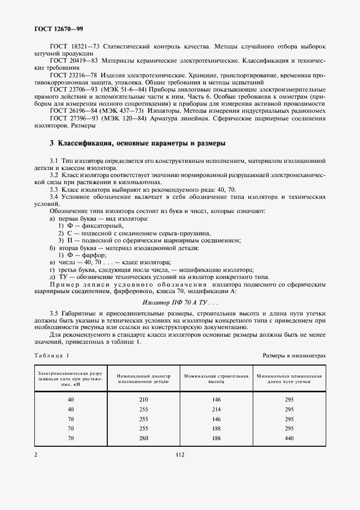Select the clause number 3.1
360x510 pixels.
coord(53,162)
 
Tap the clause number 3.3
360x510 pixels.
coord(53,188)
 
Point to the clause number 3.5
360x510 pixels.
coord(53,313)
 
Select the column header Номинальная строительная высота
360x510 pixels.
coord(216,379)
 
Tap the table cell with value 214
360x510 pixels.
coord(216,409)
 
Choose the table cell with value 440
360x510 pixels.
coord(289,438)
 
